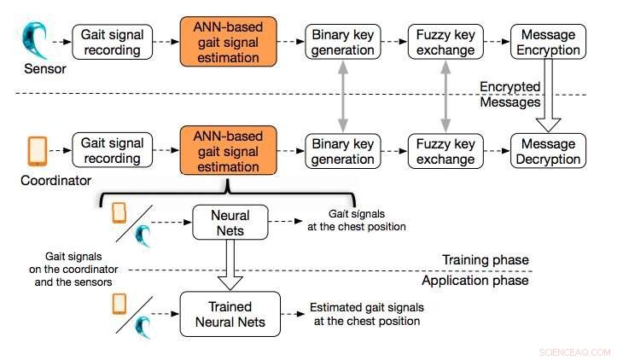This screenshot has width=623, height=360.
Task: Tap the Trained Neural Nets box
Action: coord(230,313)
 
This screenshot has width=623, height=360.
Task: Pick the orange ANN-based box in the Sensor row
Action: coord(230,42)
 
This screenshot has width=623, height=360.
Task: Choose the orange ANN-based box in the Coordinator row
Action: coord(230,151)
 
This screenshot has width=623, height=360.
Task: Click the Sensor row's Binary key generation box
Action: coord(341,42)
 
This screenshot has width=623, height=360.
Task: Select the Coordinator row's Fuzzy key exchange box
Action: coord(445,151)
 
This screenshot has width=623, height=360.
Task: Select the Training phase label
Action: coord(486,260)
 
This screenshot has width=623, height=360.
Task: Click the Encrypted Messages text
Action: coord(510,94)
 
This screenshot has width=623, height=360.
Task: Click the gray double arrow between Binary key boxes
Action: coord(341,96)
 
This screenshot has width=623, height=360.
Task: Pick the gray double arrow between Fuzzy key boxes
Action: coord(445,96)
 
